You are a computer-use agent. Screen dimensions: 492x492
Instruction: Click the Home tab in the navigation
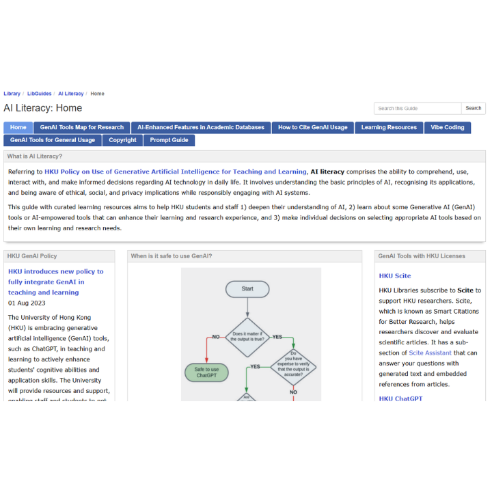tap(18, 127)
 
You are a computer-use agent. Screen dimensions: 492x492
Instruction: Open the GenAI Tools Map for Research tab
tap(82, 127)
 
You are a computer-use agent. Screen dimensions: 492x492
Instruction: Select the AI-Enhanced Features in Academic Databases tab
tap(201, 127)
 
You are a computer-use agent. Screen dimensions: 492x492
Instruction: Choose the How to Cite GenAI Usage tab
tap(312, 127)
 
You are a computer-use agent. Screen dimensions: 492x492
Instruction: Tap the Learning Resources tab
tap(389, 127)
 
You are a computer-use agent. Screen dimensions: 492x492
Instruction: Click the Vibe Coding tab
tap(448, 127)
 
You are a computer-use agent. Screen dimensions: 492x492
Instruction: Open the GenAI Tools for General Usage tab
tap(53, 140)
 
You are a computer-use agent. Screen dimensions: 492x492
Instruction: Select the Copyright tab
tap(122, 140)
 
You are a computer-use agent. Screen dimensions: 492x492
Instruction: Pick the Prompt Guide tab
tap(169, 140)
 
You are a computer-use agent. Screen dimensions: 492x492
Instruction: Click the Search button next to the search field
tap(474, 108)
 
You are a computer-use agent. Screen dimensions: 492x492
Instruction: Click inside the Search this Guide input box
tap(417, 108)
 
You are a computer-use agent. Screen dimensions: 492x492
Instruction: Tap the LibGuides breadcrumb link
tap(39, 94)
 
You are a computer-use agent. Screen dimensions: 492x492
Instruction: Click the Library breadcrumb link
tap(12, 94)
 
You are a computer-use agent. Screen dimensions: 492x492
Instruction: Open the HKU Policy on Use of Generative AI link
tap(176, 172)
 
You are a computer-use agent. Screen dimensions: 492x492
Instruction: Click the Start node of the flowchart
tap(247, 289)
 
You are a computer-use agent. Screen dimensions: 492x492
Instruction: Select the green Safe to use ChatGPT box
tap(206, 372)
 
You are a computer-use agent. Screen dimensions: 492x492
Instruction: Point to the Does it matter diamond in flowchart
tap(247, 336)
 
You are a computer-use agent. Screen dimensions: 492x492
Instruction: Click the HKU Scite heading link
tap(395, 275)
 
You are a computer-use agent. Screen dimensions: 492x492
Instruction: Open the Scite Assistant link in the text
tap(430, 353)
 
